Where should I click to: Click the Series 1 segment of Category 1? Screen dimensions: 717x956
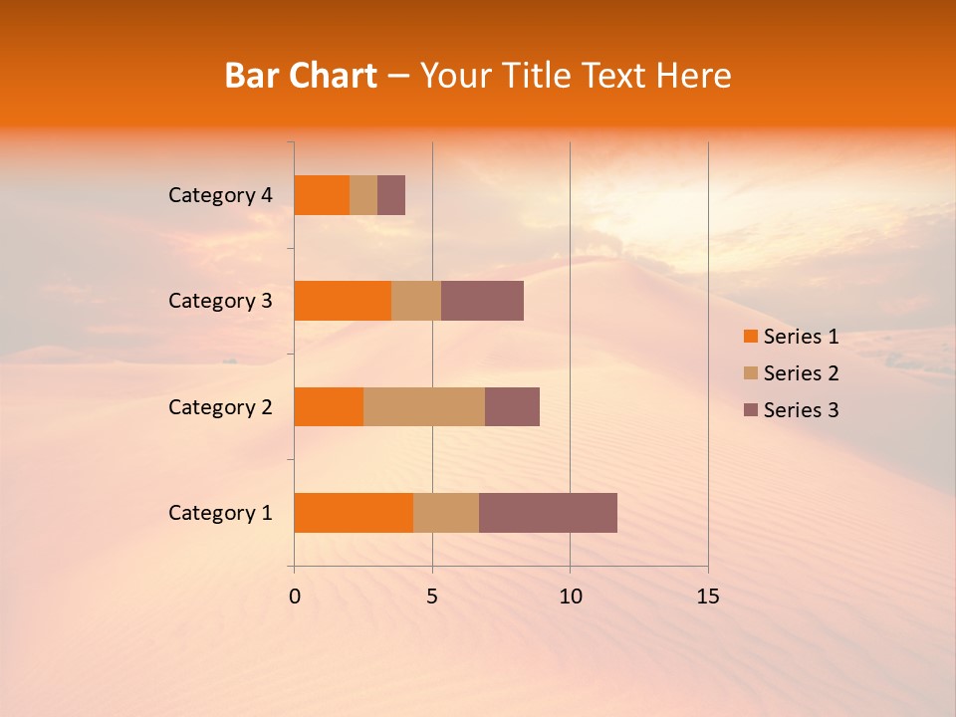click(x=354, y=513)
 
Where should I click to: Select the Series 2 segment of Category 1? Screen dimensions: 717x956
click(x=446, y=513)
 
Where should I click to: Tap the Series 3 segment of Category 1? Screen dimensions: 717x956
click(x=548, y=513)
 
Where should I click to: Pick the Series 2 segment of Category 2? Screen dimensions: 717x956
click(x=424, y=406)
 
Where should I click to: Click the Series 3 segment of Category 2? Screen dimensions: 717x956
click(x=512, y=406)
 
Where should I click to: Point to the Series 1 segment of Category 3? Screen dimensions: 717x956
click(x=343, y=301)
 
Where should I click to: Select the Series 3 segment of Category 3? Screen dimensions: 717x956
click(x=482, y=301)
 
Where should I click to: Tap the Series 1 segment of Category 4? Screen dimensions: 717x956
click(x=322, y=195)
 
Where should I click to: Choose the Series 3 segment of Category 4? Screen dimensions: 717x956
click(x=391, y=195)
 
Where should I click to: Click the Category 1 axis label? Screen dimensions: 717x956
click(x=220, y=513)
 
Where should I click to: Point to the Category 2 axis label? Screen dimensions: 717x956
click(x=220, y=406)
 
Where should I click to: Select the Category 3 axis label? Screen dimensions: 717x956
click(x=220, y=301)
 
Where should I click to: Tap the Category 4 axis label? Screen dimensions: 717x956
click(x=220, y=195)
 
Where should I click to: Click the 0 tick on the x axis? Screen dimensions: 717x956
click(x=295, y=597)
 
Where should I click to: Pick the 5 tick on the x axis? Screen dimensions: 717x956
click(x=432, y=597)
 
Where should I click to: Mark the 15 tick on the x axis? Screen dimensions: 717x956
click(x=708, y=597)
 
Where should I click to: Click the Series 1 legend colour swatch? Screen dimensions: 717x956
click(x=750, y=337)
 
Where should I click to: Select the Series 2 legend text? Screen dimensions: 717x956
click(x=801, y=373)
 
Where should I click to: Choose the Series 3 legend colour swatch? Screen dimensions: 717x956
click(x=750, y=410)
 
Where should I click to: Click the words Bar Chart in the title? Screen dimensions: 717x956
click(x=301, y=76)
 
